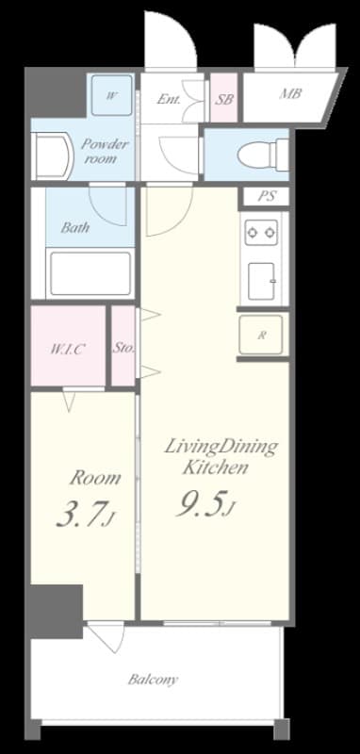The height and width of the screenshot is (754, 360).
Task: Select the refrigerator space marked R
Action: tap(260, 335)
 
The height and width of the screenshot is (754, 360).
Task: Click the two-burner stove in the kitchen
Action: tap(259, 232)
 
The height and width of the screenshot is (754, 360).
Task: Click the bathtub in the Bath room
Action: tap(91, 273)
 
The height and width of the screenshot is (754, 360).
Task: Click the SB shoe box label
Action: tap(224, 97)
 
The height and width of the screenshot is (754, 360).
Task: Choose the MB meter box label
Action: tap(289, 95)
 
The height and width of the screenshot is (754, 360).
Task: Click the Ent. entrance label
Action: tap(170, 97)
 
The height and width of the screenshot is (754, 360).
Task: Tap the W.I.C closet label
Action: tap(68, 348)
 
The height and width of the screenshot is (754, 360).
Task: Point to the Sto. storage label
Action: tap(124, 348)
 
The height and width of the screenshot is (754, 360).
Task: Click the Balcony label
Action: tap(154, 679)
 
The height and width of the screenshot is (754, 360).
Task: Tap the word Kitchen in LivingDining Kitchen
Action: tap(215, 467)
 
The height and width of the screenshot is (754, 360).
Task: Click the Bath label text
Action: tap(75, 227)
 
